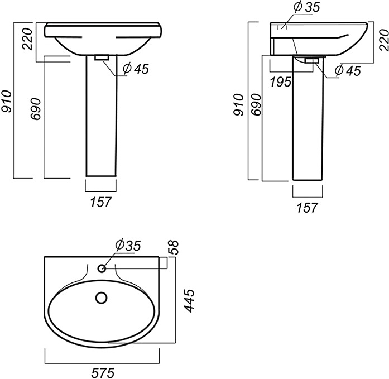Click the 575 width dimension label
point(103,372)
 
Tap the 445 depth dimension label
point(190,300)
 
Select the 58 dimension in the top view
point(174,247)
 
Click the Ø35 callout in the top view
point(128,245)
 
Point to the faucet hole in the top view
point(102,268)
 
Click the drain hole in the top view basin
point(101,298)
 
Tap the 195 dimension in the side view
point(280,82)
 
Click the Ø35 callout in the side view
point(306,7)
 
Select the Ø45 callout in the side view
point(347,71)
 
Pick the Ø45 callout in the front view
point(136,69)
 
